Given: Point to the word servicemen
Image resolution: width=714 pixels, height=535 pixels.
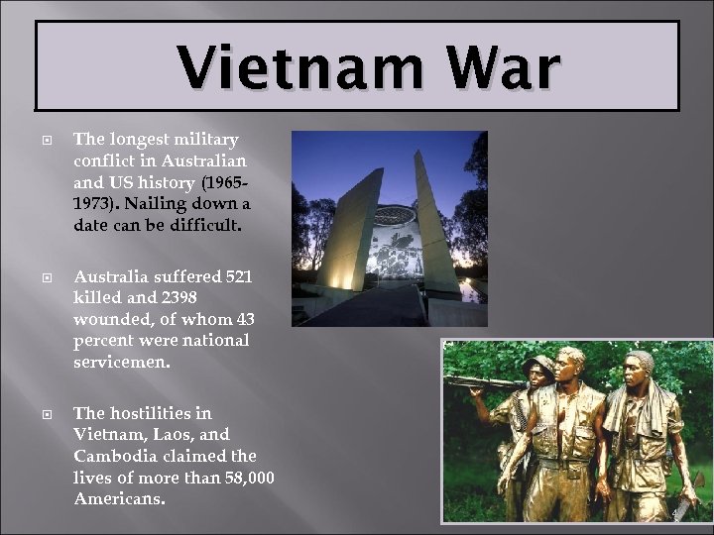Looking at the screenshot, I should click(x=121, y=363).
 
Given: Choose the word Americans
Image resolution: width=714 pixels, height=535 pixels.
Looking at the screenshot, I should click(x=118, y=499).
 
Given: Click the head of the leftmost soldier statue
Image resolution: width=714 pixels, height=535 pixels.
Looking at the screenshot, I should click(x=540, y=369).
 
